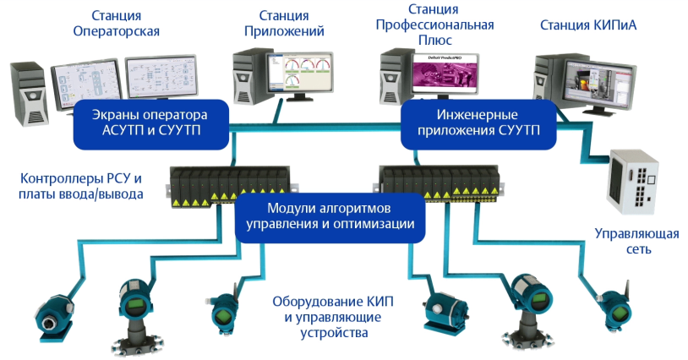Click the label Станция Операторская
(x=122, y=24)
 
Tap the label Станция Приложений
(x=283, y=24)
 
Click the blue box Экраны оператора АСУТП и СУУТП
(x=152, y=123)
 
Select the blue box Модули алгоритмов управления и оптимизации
(x=330, y=216)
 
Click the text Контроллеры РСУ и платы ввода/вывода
(x=81, y=186)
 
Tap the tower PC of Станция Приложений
(x=248, y=77)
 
